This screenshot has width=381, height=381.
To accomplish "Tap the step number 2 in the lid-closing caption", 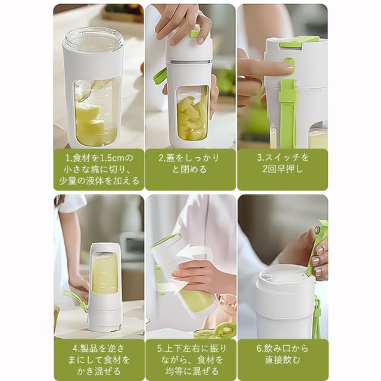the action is click(x=161, y=158).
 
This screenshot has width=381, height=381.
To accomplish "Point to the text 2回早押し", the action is click(x=283, y=169).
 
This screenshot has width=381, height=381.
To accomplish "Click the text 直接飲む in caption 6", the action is click(x=283, y=360).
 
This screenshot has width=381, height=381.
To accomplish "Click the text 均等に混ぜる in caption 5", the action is click(x=192, y=371).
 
